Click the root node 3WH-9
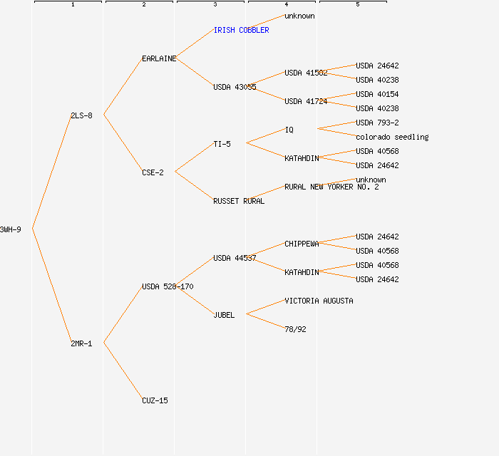[x=11, y=229]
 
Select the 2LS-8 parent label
[x=81, y=115]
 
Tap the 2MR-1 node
[x=81, y=343]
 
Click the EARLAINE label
[x=159, y=58]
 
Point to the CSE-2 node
[x=153, y=172]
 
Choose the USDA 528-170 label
[x=168, y=286]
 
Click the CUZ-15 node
[x=155, y=400]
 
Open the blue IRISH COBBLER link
[x=241, y=30]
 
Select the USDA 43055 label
[x=235, y=87]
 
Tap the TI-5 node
[x=222, y=144]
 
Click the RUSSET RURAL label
[x=239, y=201]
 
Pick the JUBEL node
[x=224, y=315]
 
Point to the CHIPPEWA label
[x=302, y=244]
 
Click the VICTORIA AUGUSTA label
[x=319, y=301]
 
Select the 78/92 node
[x=295, y=329]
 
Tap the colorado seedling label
[x=392, y=137]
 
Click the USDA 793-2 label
[x=377, y=123]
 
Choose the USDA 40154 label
[x=377, y=94]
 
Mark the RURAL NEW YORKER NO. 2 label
[x=331, y=187]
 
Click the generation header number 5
[x=357, y=5]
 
